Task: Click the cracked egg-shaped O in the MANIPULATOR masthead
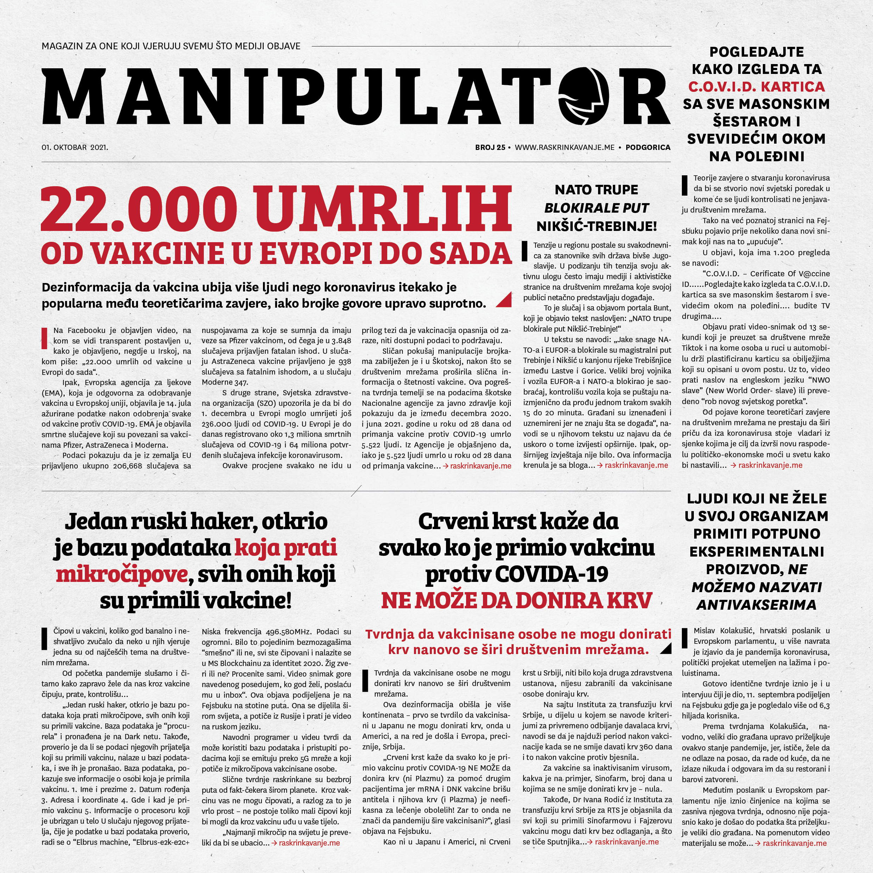(x=583, y=96)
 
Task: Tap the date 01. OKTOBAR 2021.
(x=75, y=147)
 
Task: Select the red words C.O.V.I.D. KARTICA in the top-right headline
(x=756, y=87)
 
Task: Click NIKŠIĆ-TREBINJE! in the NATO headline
(x=596, y=226)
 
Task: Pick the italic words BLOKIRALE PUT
(x=596, y=208)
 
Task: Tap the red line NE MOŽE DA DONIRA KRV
(x=516, y=601)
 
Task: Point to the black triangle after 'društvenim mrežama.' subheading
(x=666, y=649)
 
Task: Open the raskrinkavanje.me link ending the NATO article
(x=636, y=465)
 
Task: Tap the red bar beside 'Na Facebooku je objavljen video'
(x=44, y=338)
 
